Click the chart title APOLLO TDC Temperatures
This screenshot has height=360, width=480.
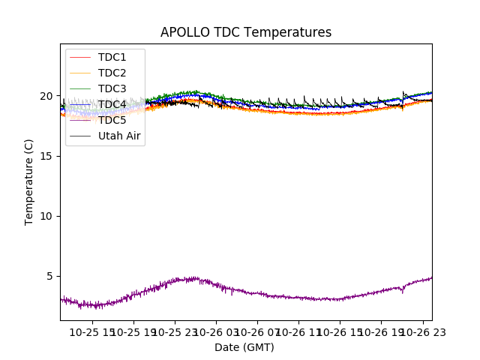pos(246,32)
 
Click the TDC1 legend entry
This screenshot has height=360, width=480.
pos(112,57)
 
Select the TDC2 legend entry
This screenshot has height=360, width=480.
pos(112,73)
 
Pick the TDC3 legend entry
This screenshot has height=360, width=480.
pos(112,88)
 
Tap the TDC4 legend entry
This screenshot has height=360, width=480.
pos(112,104)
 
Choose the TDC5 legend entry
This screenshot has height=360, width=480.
pos(112,120)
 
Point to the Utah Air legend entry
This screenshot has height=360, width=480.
pos(119,136)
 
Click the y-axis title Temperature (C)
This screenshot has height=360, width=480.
pos(29,181)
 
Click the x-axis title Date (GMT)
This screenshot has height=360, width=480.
pos(244,347)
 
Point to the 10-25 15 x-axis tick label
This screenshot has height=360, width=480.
pos(92,331)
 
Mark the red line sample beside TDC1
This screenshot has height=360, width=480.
pos(80,57)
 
